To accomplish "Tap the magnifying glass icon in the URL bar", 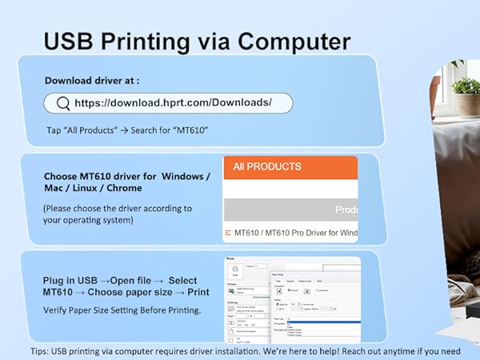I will [62, 103].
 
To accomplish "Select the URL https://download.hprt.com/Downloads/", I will [173, 103].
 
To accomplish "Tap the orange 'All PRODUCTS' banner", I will [290, 167].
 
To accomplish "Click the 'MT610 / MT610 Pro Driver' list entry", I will [296, 233].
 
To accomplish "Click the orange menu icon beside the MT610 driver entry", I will [227, 233].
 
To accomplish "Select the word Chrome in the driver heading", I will [126, 188].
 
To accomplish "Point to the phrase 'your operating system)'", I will [88, 219].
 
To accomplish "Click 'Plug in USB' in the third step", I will [69, 282].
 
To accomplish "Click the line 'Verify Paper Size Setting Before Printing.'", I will [122, 310].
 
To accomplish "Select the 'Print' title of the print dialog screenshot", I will [230, 258].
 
